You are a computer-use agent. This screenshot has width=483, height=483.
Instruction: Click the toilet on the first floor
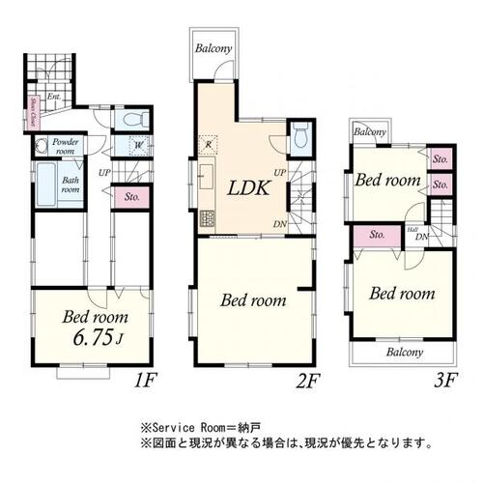click(x=132, y=121)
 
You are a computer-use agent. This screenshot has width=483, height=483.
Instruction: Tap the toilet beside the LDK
click(x=299, y=136)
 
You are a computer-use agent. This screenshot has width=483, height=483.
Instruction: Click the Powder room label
click(x=66, y=146)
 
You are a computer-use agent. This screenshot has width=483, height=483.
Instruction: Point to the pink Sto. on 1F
click(x=129, y=198)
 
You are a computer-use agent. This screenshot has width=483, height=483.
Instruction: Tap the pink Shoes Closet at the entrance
click(x=33, y=115)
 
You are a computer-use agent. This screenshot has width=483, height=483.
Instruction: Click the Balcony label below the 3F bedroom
click(x=405, y=353)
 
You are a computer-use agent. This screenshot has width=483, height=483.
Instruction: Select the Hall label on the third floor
click(x=412, y=231)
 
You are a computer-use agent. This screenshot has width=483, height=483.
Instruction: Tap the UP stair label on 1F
click(x=103, y=173)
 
